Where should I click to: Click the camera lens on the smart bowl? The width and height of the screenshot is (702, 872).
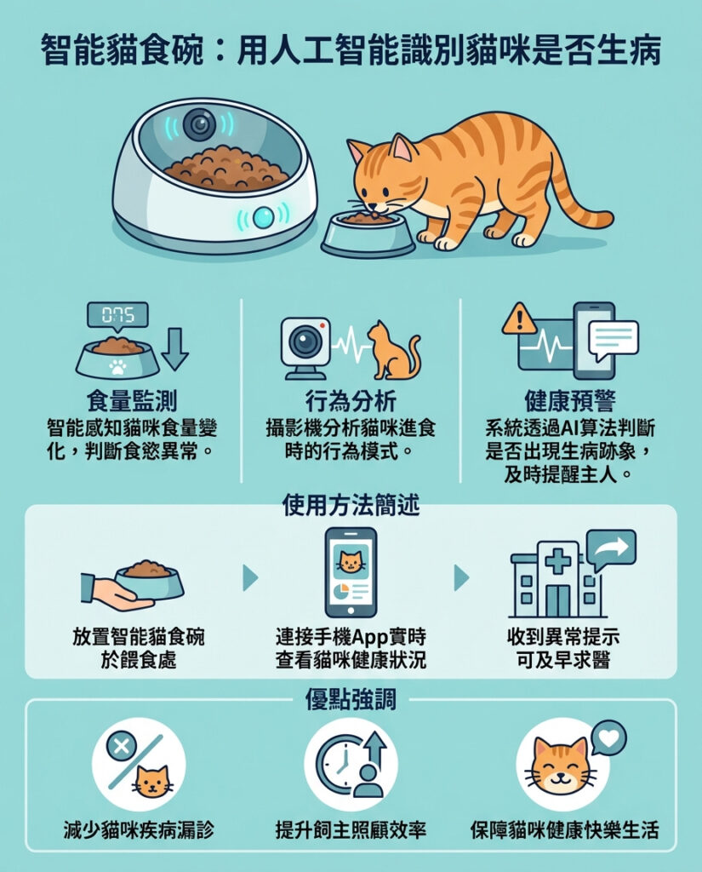[x=200, y=124]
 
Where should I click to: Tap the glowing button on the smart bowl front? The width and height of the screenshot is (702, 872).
[x=263, y=217]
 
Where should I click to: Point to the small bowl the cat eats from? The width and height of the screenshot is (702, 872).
[x=368, y=233]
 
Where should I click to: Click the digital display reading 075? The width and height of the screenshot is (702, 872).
[x=117, y=316]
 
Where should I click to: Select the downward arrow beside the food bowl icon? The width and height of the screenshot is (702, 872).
[x=174, y=349]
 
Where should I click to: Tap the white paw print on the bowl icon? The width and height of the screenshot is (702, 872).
[x=117, y=366]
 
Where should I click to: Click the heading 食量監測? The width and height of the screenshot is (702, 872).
[x=132, y=400]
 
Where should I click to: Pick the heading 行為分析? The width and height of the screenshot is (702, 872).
[x=351, y=400]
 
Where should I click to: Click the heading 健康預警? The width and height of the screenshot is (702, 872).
[x=570, y=400]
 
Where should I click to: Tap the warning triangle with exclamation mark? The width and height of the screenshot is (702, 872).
[x=519, y=318]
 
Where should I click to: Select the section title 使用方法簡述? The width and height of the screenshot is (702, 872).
[x=351, y=505]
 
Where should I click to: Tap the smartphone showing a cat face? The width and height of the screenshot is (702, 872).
[x=351, y=572]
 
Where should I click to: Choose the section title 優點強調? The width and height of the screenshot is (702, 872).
[x=351, y=700]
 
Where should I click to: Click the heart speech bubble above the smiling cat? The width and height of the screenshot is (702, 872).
[x=608, y=738]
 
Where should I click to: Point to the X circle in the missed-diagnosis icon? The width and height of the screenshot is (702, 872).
[x=121, y=745]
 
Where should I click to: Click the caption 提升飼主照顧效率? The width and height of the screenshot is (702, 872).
[x=351, y=830]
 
